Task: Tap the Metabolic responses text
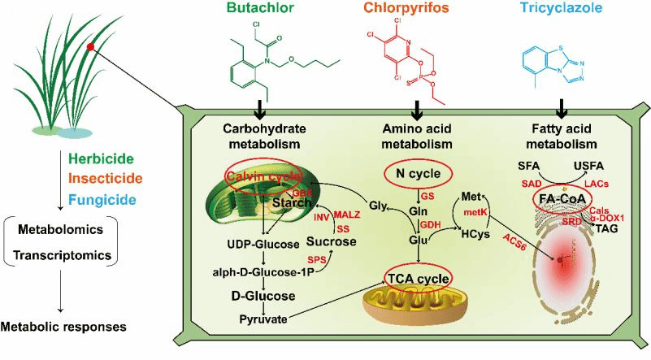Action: pyautogui.click(x=63, y=327)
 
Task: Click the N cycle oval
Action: pyautogui.click(x=418, y=172)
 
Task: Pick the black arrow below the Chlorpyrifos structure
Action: pyautogui.click(x=418, y=108)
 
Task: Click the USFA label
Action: pyautogui.click(x=592, y=167)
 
